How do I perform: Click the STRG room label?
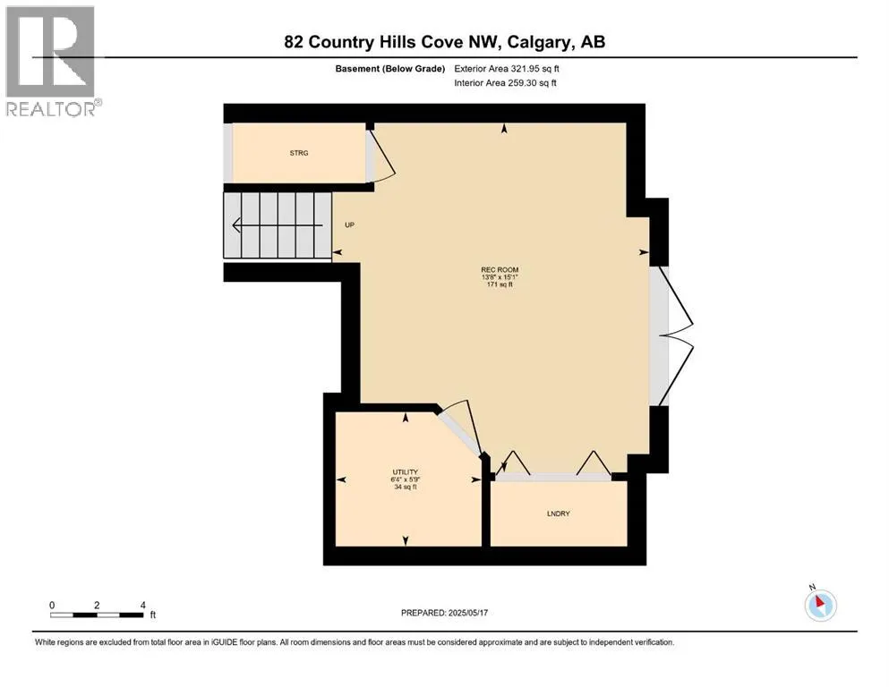298,154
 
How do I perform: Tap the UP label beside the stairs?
350,225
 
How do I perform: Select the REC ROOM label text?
500,269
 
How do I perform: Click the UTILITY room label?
405,471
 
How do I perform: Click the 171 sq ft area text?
500,285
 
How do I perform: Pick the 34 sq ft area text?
405,488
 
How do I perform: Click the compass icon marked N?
820,605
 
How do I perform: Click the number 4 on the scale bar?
143,605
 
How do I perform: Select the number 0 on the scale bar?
52,605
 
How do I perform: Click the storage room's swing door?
380,157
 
